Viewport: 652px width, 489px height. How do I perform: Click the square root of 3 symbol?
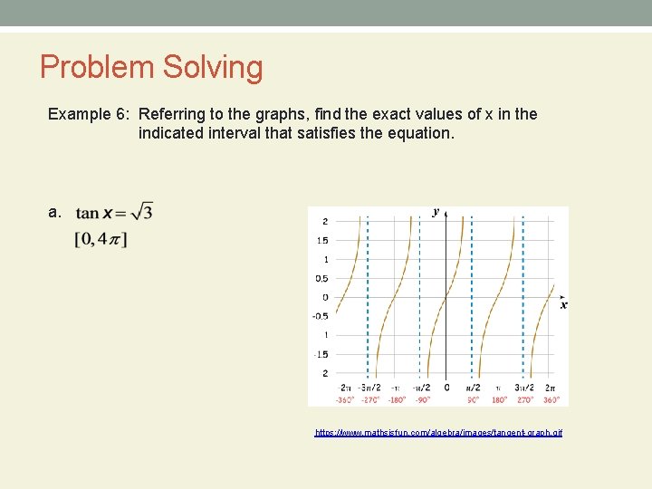click(141, 212)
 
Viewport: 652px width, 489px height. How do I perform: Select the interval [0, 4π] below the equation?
click(101, 239)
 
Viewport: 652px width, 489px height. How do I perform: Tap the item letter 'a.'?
click(54, 212)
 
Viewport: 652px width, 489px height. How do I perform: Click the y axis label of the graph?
click(436, 212)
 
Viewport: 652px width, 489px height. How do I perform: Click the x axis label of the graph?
click(563, 305)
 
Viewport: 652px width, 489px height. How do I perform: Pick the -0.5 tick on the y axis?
click(320, 316)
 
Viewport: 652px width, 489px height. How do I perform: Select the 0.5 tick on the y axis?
click(321, 278)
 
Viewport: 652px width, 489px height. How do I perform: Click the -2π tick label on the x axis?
click(345, 388)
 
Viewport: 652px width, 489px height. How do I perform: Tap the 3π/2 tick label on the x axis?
click(524, 388)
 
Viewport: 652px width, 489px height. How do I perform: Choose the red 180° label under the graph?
click(499, 399)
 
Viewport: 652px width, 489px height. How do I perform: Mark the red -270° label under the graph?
click(369, 399)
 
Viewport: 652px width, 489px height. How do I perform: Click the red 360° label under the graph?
click(550, 399)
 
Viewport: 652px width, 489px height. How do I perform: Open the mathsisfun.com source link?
click(438, 433)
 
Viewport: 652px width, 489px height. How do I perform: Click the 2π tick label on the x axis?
click(550, 388)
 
